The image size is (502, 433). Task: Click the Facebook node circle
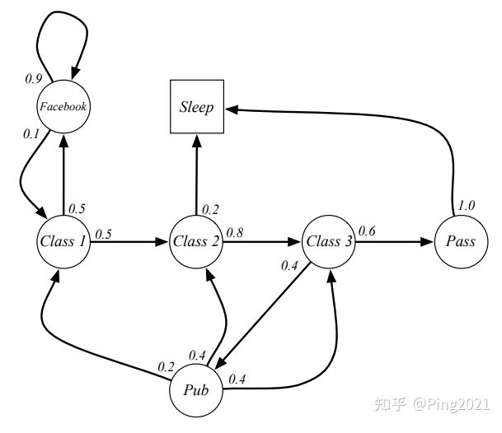pos(63,106)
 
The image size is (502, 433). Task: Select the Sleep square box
pos(196,108)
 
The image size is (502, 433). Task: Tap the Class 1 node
pos(63,241)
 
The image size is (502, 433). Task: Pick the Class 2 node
pos(196,241)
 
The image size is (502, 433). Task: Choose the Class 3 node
pos(329,241)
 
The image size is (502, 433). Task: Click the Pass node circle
pos(460,241)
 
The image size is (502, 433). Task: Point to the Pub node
pos(196,390)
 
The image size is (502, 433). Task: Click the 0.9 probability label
pos(34,78)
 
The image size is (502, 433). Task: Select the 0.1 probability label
pos(31,134)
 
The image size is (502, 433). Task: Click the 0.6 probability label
pos(367,232)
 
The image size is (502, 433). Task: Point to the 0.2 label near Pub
pos(167,365)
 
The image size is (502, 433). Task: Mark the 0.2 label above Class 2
pos(210,208)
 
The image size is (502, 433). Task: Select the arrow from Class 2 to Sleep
pos(196,173)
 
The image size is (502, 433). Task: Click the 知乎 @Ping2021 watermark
pos(432,405)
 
